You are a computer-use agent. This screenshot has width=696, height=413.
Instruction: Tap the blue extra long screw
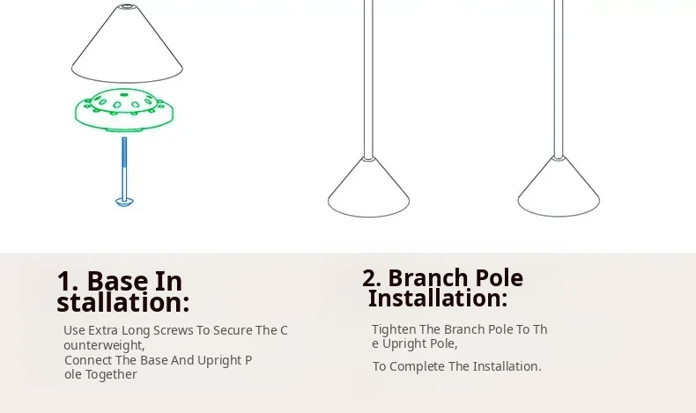124,172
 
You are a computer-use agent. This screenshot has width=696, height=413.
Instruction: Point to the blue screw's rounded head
124,203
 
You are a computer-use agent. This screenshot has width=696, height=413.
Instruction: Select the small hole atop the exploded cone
127,7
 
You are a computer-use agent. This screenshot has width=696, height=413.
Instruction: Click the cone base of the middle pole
368,188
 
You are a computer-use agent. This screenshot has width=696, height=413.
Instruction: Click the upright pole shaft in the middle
368,79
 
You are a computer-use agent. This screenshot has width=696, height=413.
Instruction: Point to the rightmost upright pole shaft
559,78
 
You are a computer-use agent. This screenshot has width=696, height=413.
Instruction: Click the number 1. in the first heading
68,282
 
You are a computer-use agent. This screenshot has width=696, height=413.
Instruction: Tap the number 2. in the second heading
372,278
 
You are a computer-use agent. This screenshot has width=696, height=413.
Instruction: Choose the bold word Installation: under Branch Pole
438,298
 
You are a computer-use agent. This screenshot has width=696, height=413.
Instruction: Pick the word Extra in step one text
102,330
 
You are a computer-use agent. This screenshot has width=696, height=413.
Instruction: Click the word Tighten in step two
394,329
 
